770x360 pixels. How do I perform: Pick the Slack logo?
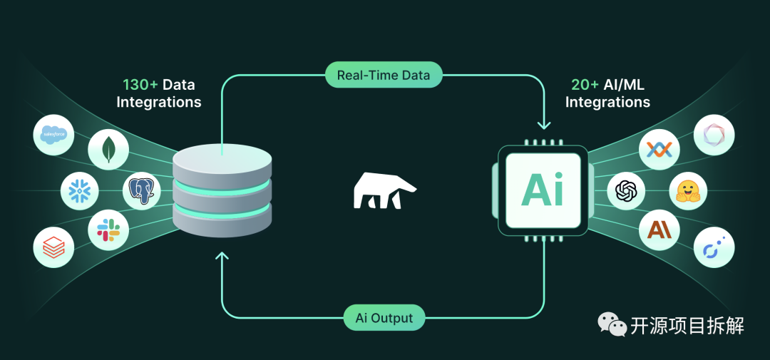tap(108, 230)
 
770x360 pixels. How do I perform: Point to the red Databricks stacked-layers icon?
tap(53, 247)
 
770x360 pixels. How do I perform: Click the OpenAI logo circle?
tap(626, 190)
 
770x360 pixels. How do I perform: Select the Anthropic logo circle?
tap(659, 230)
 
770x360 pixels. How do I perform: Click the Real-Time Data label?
tap(384, 75)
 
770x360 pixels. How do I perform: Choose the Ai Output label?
tap(384, 318)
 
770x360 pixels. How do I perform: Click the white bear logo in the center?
tap(384, 190)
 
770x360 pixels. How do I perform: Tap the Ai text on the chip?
tap(543, 190)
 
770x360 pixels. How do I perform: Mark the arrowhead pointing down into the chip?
tap(544, 125)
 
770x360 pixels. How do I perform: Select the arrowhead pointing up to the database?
tap(222, 256)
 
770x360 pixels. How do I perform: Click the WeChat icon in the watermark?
tap(612, 325)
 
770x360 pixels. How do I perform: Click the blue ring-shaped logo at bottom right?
tap(714, 247)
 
